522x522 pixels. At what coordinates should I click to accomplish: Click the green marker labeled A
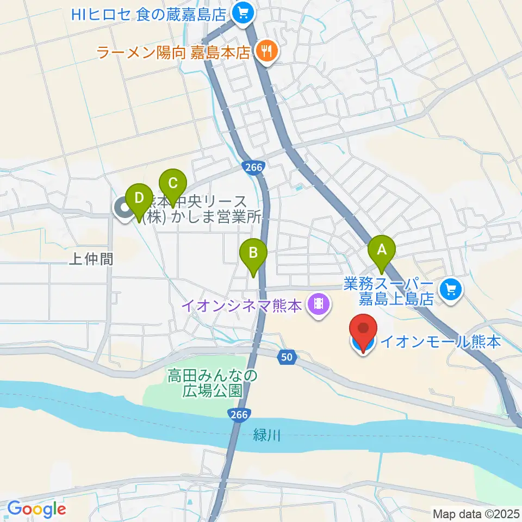pos(382,251)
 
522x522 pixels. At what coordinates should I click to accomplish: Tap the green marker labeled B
pos(253,253)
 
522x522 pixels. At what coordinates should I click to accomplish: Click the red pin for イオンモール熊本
pos(363,330)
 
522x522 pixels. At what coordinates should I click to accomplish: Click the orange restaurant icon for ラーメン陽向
pos(266,52)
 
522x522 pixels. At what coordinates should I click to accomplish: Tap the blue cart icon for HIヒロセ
pos(242,12)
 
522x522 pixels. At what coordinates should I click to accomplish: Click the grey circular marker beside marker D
pos(124,208)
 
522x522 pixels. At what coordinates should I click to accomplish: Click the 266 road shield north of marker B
pos(254,168)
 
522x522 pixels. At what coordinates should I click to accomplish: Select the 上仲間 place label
pos(91,259)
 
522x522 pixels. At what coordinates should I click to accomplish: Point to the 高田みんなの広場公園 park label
pos(212,382)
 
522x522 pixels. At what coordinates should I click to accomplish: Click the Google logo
pos(36,509)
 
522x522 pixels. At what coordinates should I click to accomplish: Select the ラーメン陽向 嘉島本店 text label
pos(173,53)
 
